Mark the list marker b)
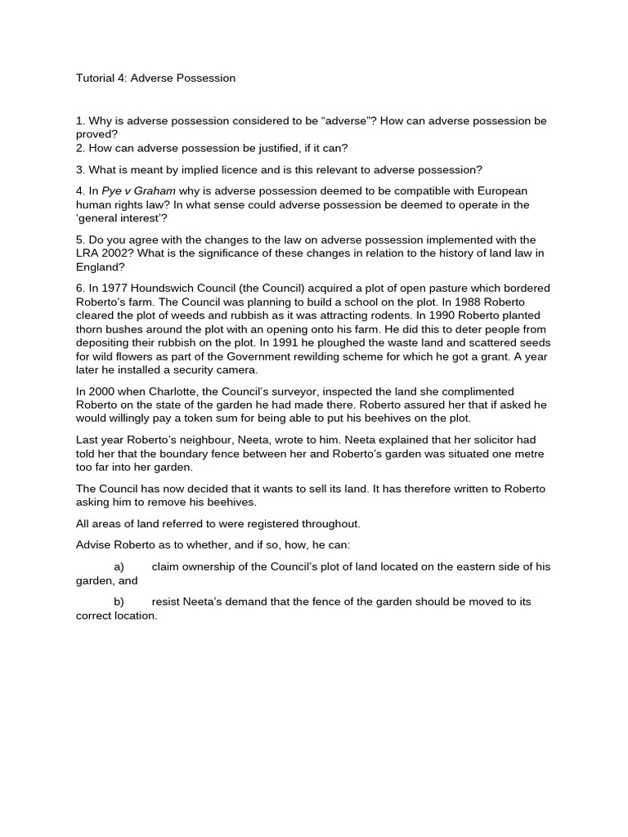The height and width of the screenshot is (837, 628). [119, 602]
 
